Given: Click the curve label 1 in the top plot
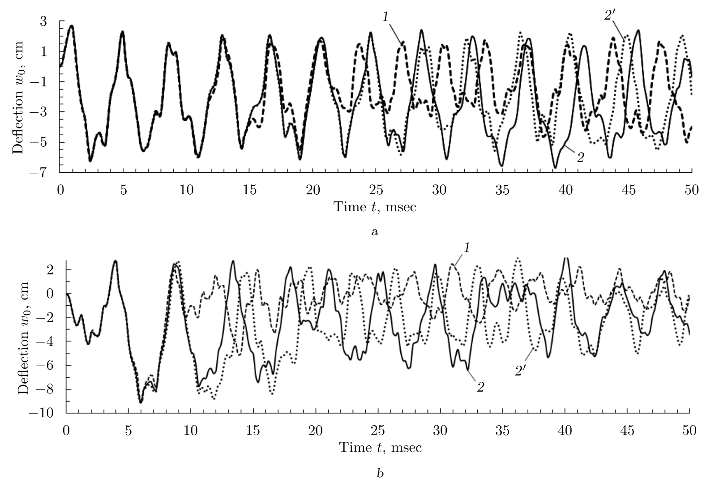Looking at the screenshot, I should [385, 17].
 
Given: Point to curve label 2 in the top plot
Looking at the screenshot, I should [580, 157].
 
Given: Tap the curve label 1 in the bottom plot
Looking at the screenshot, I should [466, 248].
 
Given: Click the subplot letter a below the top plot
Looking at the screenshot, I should [375, 232].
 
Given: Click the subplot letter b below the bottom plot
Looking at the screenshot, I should [380, 473].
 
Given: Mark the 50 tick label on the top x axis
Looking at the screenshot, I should [692, 189].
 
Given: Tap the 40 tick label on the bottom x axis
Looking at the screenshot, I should [565, 430].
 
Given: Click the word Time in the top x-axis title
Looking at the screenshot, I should [346, 207].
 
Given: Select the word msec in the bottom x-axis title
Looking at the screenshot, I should [406, 448].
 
